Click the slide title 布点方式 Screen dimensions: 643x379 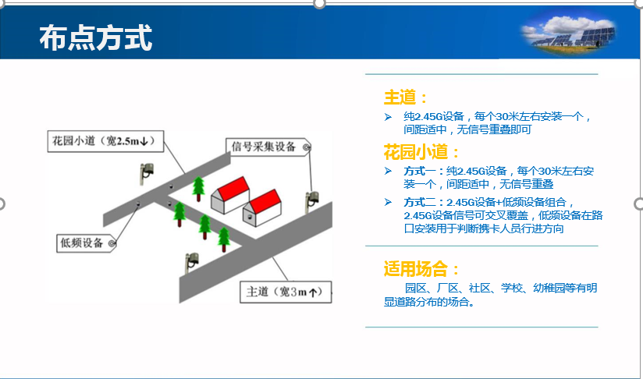click(95, 37)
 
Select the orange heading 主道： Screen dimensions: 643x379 click(406, 97)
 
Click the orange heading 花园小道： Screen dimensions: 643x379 click(421, 152)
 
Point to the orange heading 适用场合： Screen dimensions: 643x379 click(421, 269)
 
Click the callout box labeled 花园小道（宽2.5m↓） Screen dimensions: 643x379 click(105, 141)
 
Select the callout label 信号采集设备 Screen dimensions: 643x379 click(268, 147)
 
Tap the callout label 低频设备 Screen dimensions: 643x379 click(86, 243)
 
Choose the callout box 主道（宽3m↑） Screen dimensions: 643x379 click(286, 292)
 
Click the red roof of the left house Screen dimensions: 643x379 click(233, 188)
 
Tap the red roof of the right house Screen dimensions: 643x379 click(266, 200)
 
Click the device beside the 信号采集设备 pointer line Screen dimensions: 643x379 click(311, 201)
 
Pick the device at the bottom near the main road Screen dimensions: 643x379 click(191, 262)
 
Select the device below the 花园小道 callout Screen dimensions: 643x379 click(146, 173)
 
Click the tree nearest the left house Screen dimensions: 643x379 click(198, 189)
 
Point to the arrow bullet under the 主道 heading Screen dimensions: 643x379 click(388, 117)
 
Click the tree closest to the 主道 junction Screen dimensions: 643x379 click(224, 239)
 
